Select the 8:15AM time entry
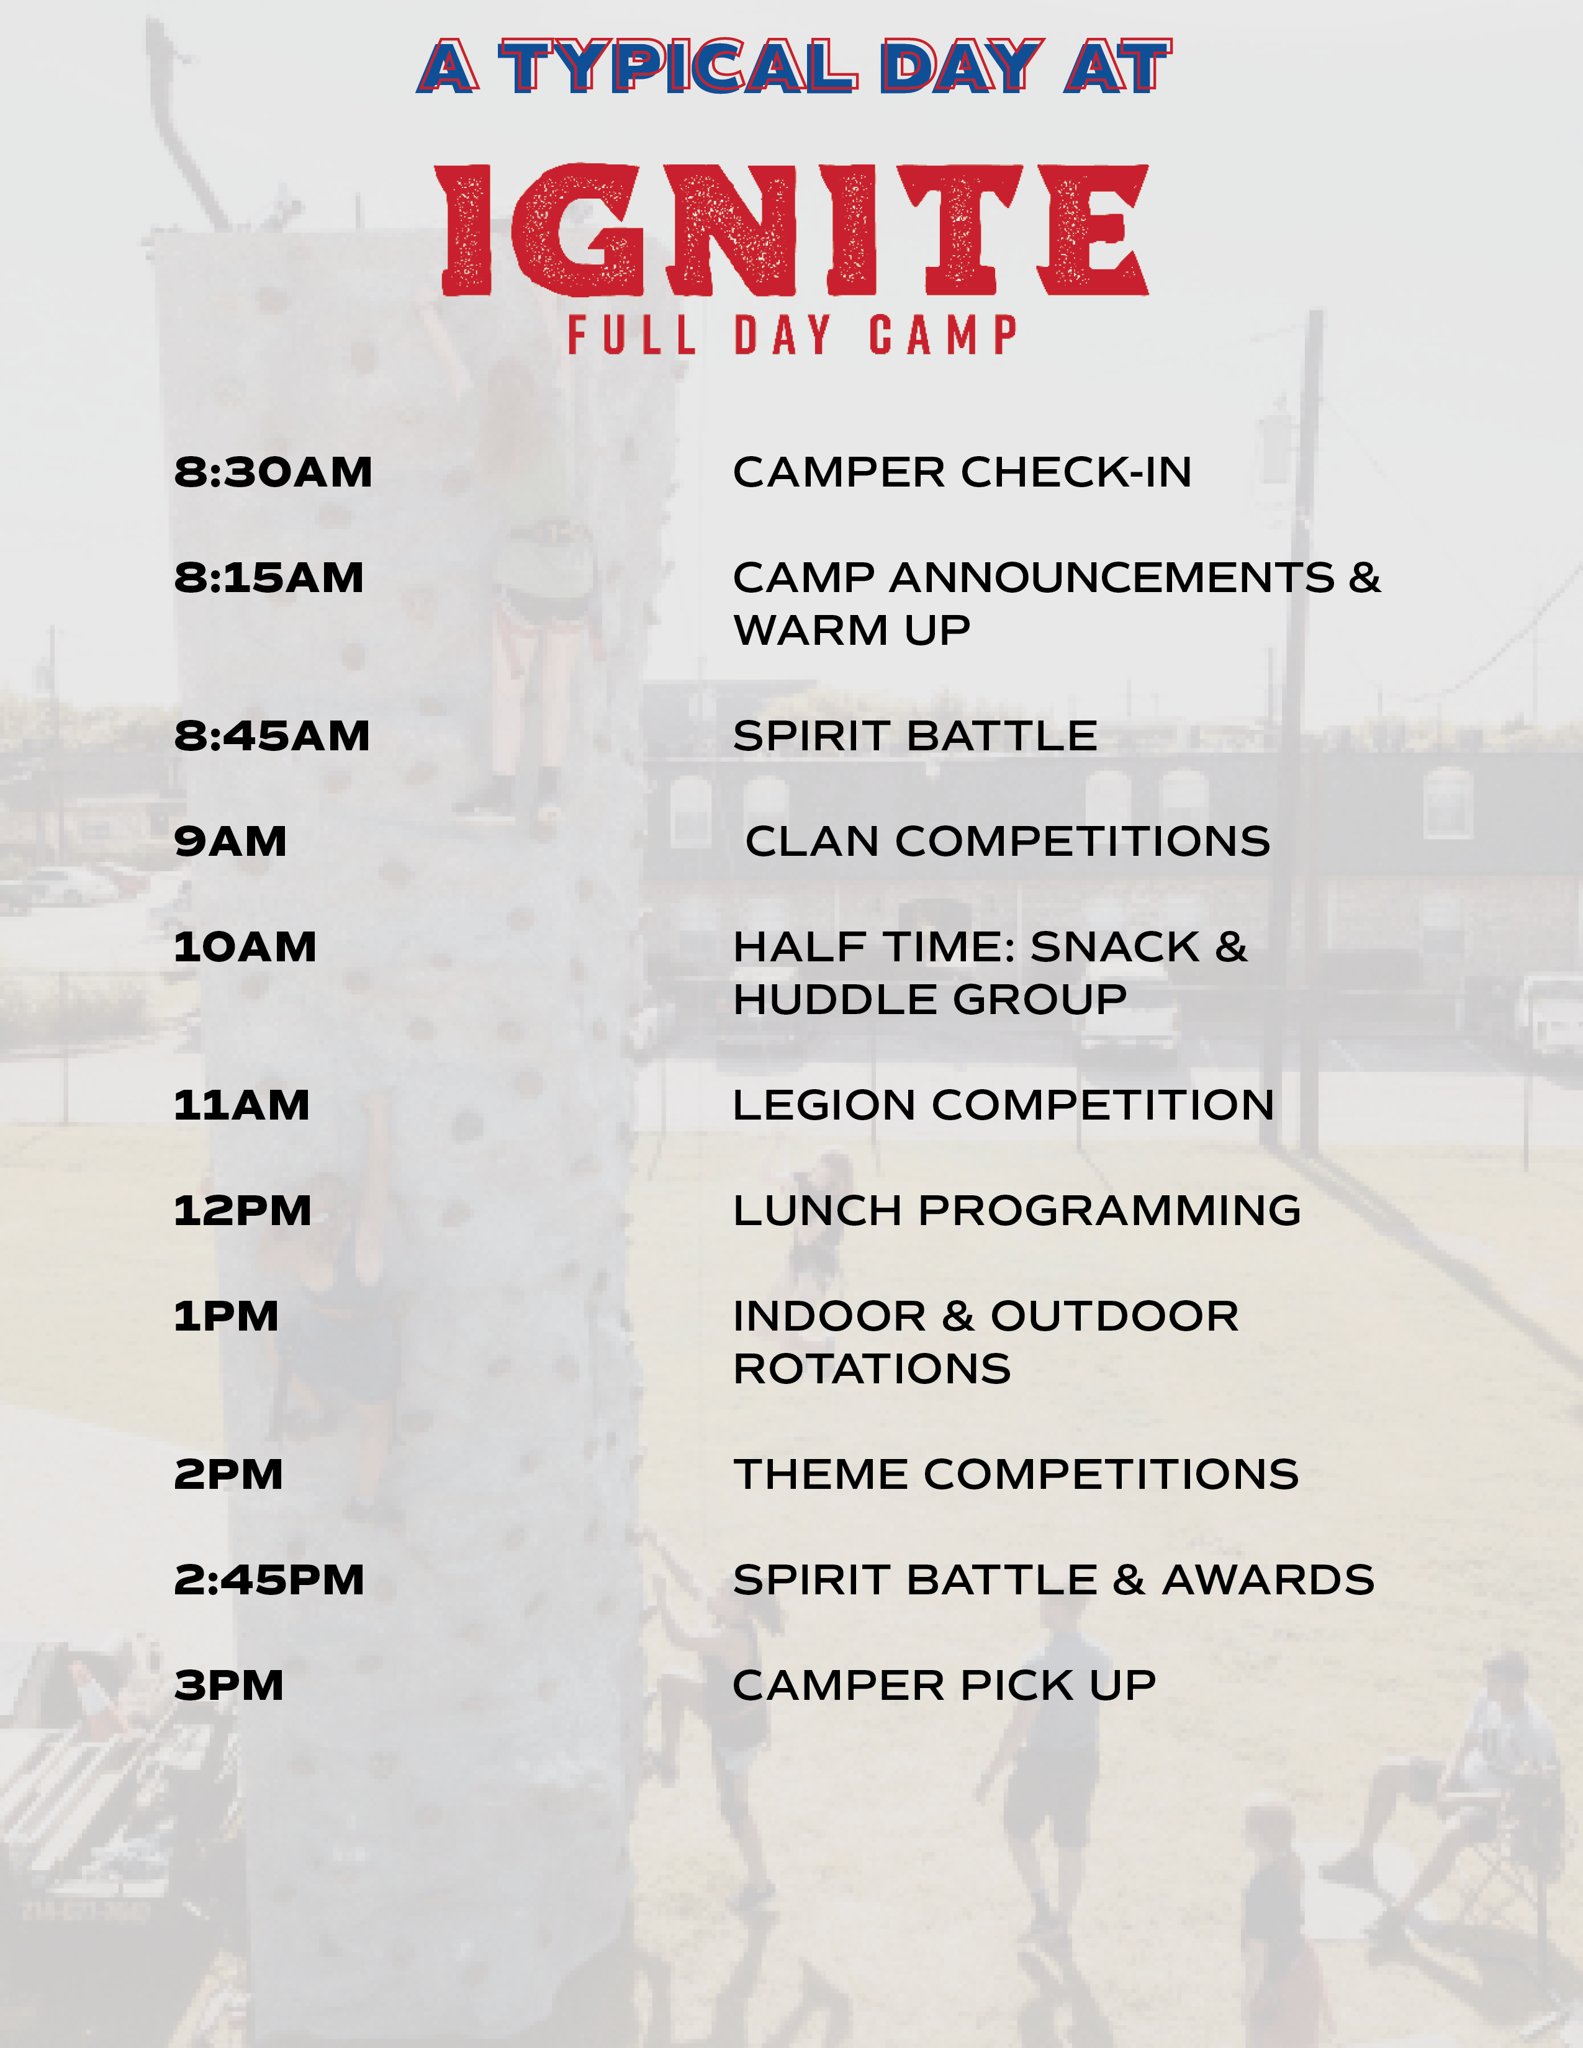click(x=269, y=578)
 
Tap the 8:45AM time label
click(x=272, y=736)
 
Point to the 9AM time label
click(x=230, y=841)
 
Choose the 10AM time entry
click(x=245, y=947)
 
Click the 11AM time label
click(x=241, y=1105)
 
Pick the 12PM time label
click(x=242, y=1211)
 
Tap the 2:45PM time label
click(x=269, y=1580)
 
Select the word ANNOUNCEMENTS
click(x=1111, y=578)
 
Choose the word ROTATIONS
click(x=872, y=1369)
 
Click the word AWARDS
click(x=1268, y=1580)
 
